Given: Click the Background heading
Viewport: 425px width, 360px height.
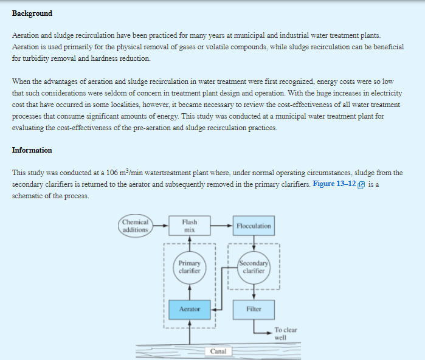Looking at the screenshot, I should click(32, 13).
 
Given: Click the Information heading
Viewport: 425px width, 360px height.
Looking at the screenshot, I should click(32, 150).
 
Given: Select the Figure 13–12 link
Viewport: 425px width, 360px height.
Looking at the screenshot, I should click(335, 184).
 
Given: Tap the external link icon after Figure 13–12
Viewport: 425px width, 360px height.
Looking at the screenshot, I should click(362, 185).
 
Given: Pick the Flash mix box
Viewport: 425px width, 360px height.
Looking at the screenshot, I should click(189, 226).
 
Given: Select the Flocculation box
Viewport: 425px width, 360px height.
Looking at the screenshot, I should click(254, 226).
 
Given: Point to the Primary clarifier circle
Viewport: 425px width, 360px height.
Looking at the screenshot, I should click(189, 267).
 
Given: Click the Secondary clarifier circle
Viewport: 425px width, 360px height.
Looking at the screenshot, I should click(254, 267).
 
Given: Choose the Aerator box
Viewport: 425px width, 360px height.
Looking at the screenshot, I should click(189, 309).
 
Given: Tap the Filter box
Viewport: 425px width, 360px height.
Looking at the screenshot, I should click(254, 309).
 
